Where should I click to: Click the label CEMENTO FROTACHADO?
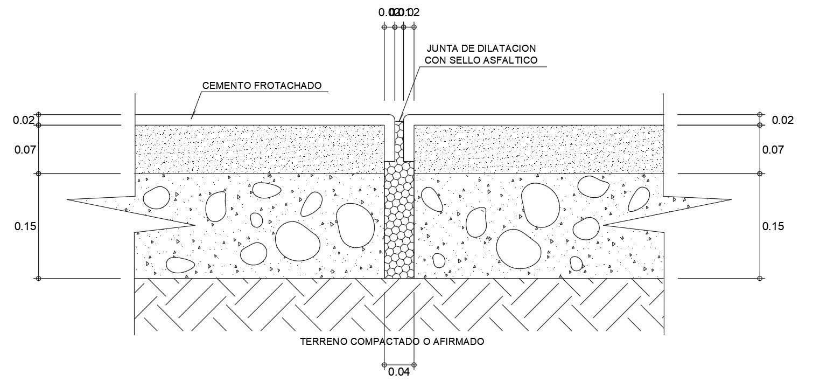click(262, 86)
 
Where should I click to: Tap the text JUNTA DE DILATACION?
click(481, 49)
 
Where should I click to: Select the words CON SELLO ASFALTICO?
click(481, 60)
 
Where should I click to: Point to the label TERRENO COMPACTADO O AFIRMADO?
click(393, 342)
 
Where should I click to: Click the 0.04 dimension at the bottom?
click(399, 372)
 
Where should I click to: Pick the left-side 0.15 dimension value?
click(25, 226)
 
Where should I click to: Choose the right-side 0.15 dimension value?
click(773, 226)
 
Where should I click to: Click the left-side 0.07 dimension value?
click(25, 149)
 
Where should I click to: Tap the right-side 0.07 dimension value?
click(773, 149)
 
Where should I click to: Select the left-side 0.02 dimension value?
click(24, 120)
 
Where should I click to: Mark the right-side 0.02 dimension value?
click(782, 120)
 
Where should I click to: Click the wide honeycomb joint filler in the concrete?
click(399, 221)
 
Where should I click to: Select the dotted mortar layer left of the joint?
click(258, 149)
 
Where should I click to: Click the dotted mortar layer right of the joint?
click(538, 149)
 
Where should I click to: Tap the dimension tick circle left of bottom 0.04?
click(384, 365)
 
